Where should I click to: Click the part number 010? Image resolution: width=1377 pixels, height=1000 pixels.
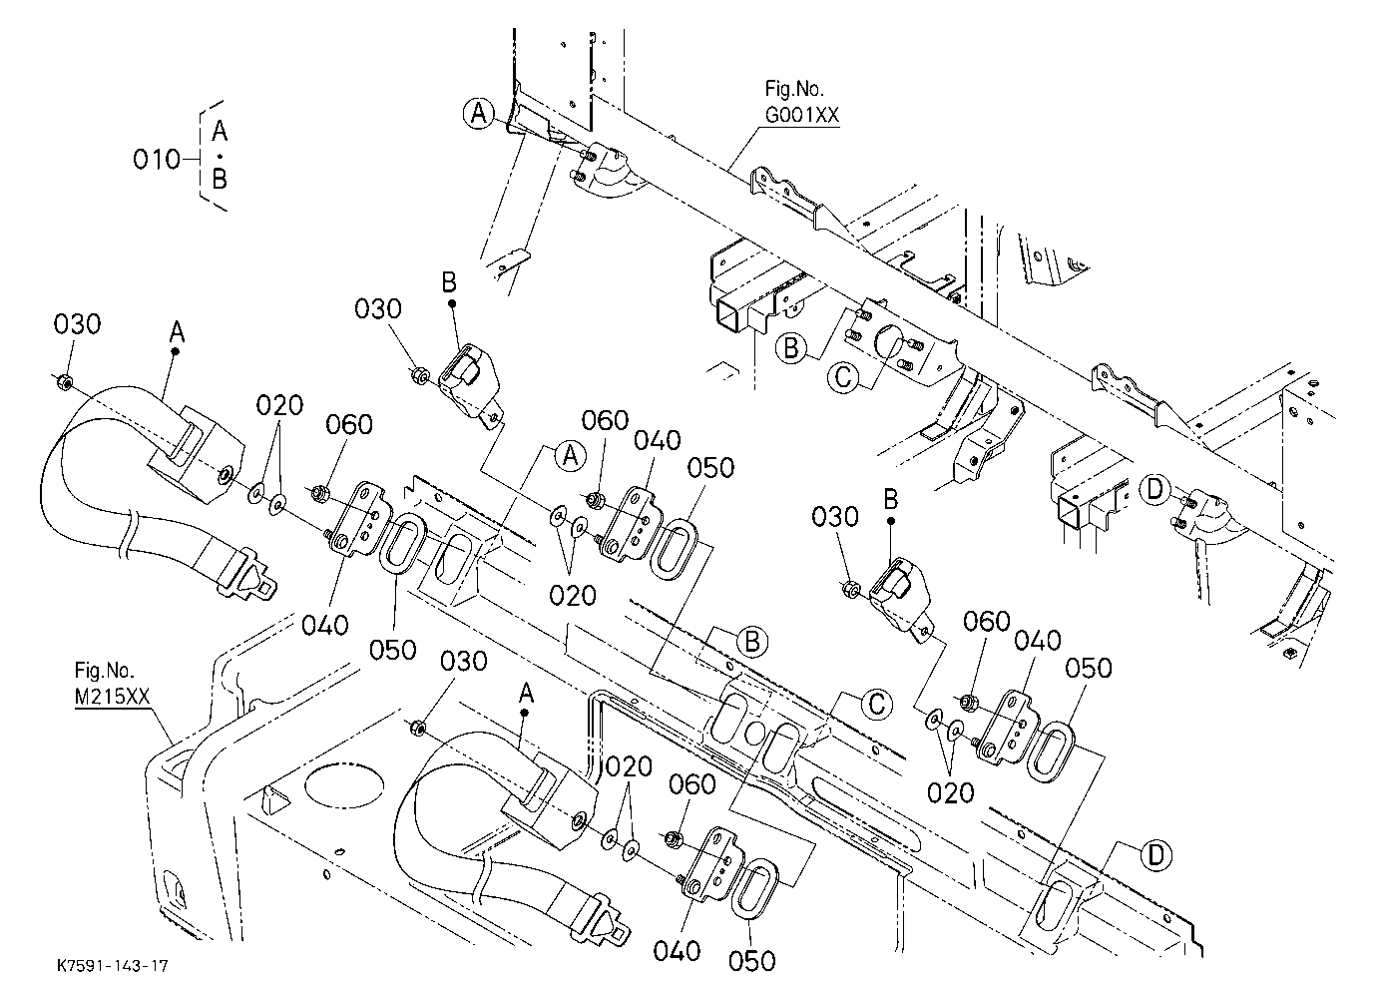click(156, 160)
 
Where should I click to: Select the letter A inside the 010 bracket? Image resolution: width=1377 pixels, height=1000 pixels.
click(220, 131)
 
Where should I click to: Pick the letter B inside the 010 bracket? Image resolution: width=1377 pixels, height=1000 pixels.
click(220, 179)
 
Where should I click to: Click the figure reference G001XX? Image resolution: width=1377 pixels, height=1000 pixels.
click(801, 115)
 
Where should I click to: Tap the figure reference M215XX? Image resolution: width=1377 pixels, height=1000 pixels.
click(112, 697)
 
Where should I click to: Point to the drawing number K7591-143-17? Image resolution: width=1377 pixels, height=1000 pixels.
click(113, 966)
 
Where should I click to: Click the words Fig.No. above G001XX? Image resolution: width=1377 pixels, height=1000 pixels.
click(794, 89)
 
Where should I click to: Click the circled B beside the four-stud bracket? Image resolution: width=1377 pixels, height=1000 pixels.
click(791, 348)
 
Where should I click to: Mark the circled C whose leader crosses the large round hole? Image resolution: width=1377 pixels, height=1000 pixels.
click(843, 376)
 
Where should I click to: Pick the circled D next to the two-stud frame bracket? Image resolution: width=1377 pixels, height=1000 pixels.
click(1155, 490)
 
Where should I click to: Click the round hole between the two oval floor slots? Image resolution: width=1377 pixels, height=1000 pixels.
click(754, 733)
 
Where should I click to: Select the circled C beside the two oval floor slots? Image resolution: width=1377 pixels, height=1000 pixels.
click(877, 704)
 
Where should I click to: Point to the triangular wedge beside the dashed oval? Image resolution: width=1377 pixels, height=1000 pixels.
click(273, 801)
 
